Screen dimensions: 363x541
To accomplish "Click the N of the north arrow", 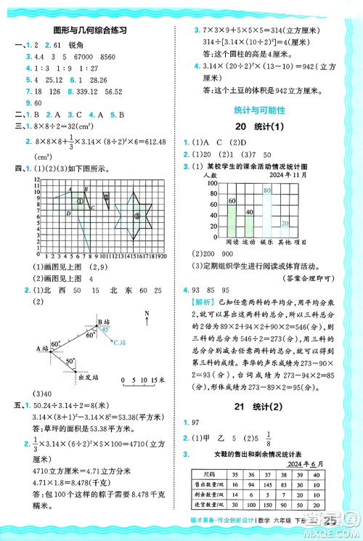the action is pyautogui.click(x=148, y=314).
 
